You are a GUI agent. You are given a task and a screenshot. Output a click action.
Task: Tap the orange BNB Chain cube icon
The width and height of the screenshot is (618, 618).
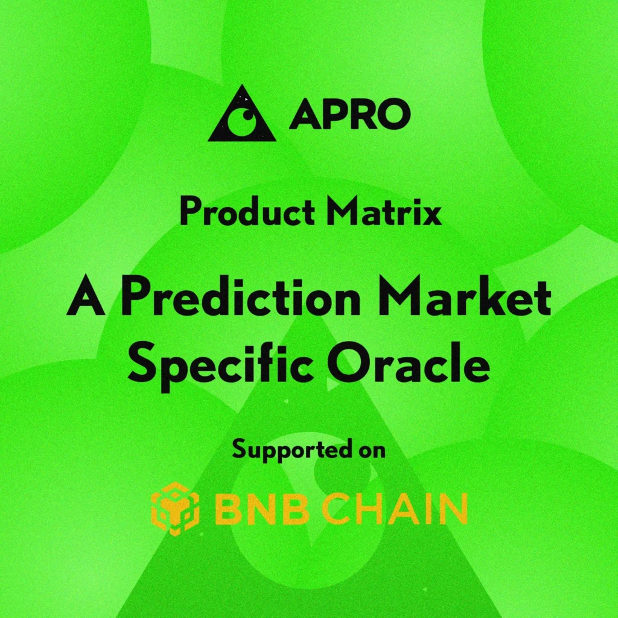click(x=174, y=509)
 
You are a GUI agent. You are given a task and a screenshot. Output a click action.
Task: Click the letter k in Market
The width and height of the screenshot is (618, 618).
click(x=500, y=299)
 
